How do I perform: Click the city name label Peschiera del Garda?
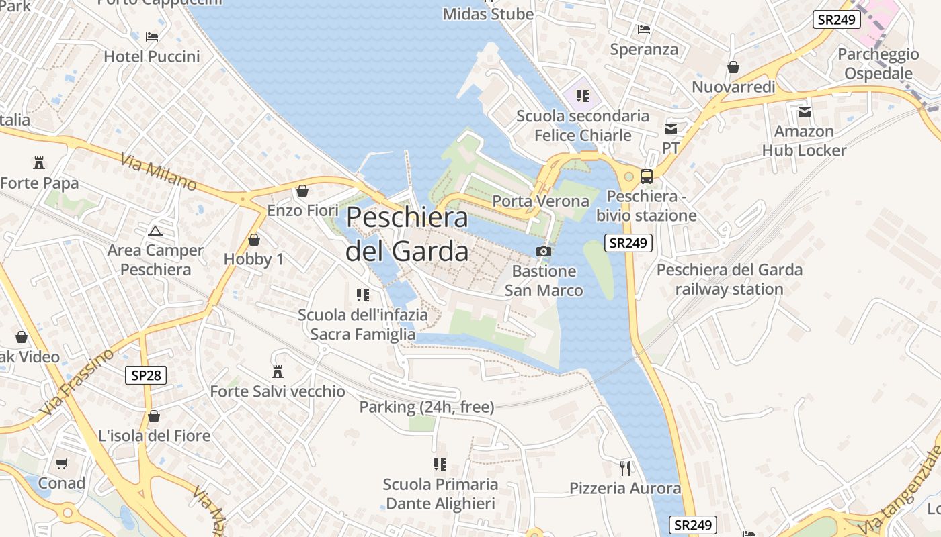[407, 234]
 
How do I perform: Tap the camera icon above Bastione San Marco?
[543, 252]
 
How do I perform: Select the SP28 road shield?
[146, 375]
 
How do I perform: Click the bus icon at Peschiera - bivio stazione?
[646, 177]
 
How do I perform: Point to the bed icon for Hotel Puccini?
[152, 36]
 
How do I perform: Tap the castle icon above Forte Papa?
[38, 162]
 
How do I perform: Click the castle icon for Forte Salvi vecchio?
[277, 371]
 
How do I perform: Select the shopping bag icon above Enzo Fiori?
[302, 191]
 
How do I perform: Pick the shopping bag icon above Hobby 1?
[254, 239]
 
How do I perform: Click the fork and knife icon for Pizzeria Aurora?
[625, 468]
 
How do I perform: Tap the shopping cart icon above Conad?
[61, 463]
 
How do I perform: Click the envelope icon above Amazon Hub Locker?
[804, 111]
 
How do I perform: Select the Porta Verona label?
[540, 201]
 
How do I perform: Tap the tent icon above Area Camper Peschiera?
[155, 231]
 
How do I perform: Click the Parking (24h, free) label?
[427, 407]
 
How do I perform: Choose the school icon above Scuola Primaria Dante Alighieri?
[440, 464]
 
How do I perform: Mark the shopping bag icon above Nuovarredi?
[733, 67]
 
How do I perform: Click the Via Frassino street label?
[77, 382]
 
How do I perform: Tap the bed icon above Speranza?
[643, 30]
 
